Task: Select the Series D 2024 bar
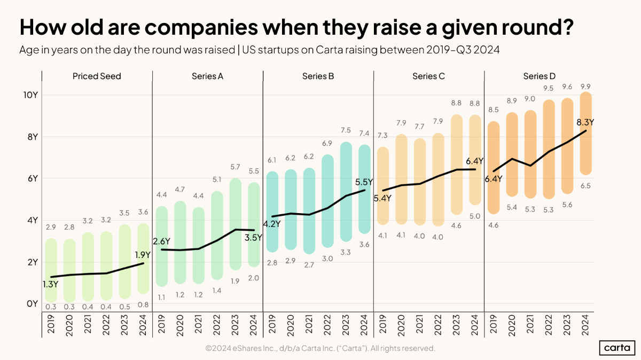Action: pyautogui.click(x=585, y=134)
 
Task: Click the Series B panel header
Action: pyautogui.click(x=318, y=76)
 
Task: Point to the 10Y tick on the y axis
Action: pyautogui.click(x=29, y=95)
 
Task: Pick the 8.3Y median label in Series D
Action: pyautogui.click(x=584, y=122)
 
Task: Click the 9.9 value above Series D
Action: pyautogui.click(x=585, y=87)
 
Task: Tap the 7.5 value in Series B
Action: pyautogui.click(x=346, y=130)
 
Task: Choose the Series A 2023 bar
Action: pyautogui.click(x=235, y=223)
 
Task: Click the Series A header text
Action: pyautogui.click(x=207, y=76)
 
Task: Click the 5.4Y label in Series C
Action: pyautogui.click(x=382, y=198)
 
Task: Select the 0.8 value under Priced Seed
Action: pyautogui.click(x=143, y=305)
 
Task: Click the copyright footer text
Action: pyautogui.click(x=320, y=348)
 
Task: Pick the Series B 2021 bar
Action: pyautogui.click(x=309, y=211)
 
